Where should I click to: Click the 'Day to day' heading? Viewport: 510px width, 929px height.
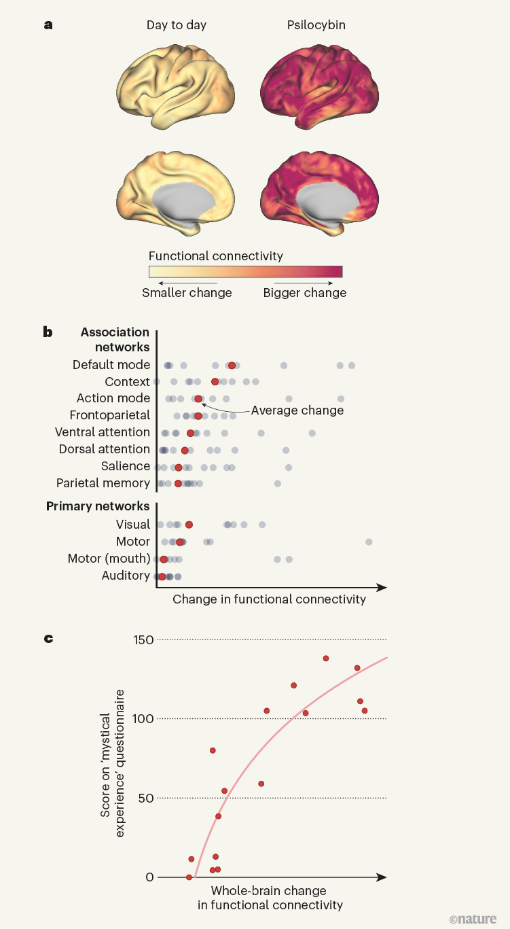[177, 25]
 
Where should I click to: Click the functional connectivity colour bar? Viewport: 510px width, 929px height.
[245, 272]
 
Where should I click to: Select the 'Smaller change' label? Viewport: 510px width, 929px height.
[187, 293]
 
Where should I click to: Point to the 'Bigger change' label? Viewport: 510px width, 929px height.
[305, 293]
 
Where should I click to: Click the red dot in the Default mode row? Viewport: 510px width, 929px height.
[232, 366]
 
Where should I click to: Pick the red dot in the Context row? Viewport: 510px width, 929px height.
[215, 382]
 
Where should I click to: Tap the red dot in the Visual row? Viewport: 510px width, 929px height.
[189, 525]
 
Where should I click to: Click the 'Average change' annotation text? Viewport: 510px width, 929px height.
[297, 410]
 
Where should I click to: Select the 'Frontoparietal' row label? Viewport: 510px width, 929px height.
[110, 415]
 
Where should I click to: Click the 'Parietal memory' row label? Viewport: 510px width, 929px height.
[103, 483]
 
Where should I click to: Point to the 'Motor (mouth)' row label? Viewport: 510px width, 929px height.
[109, 559]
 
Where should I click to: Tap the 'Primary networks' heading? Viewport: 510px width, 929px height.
[98, 506]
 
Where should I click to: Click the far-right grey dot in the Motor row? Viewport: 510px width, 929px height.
[369, 542]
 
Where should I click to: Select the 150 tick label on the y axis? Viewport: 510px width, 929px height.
[144, 639]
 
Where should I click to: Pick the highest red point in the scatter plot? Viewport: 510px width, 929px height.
[326, 659]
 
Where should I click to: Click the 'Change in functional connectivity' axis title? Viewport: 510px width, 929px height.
[269, 599]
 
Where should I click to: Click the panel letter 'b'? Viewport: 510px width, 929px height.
[48, 332]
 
